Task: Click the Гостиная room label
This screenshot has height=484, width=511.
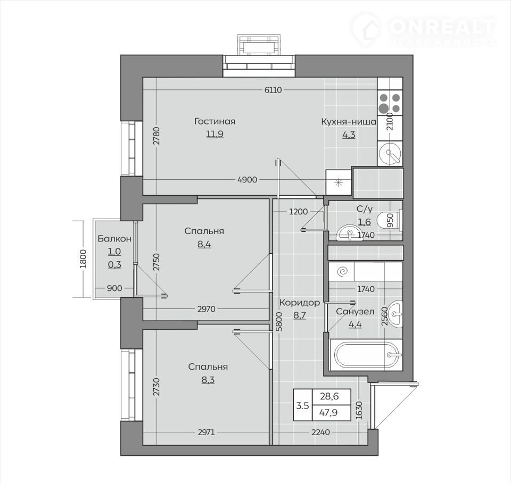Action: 215,121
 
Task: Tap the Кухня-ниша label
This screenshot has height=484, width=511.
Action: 349,122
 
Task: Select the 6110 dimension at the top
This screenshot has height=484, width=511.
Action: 273,90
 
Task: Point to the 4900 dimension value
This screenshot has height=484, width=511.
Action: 248,179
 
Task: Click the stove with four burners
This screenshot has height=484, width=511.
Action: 390,103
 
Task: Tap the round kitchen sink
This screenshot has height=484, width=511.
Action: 390,153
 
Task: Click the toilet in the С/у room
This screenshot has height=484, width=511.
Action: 390,220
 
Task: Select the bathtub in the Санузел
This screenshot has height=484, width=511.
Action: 367,355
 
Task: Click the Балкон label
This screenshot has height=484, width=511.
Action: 114,239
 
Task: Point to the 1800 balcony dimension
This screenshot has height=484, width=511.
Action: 83,258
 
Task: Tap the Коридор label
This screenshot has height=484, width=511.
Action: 300,303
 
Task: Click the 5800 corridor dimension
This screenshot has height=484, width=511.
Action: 279,322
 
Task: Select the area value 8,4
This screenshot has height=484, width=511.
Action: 204,244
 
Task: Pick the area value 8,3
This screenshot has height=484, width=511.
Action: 208,380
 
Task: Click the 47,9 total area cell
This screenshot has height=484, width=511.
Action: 329,413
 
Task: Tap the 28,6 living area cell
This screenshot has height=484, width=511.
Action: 329,396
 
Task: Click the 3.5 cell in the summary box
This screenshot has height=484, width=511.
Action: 302,406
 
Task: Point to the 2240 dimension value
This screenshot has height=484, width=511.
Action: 320,432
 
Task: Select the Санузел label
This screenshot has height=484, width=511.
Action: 355,312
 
